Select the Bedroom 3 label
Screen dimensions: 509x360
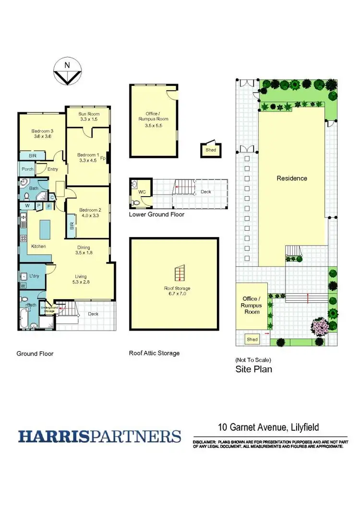42,130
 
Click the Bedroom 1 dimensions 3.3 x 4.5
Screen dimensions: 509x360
88,161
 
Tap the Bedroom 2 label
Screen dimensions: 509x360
90,210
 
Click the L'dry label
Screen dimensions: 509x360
34,276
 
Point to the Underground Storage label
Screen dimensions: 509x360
49,309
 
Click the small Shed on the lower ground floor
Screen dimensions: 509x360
211,150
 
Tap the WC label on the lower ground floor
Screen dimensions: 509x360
142,192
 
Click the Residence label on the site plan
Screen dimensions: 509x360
291,178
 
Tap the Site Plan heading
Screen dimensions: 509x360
254,369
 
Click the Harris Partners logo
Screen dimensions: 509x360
100,437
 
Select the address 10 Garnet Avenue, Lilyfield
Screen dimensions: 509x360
268,427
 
